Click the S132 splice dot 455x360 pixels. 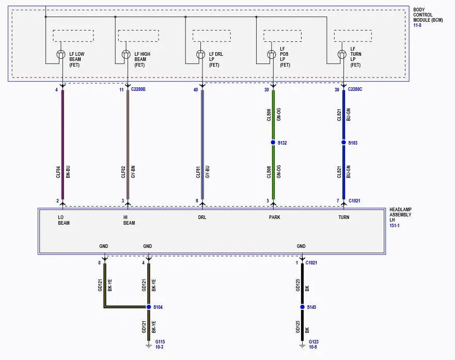click(x=273, y=143)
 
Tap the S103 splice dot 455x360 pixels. click(x=343, y=143)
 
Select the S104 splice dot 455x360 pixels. click(x=149, y=307)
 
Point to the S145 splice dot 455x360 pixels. click(x=302, y=307)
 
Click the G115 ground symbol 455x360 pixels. click(x=149, y=346)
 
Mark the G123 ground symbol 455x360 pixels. click(x=302, y=346)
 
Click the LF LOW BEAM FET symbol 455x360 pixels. click(x=60, y=54)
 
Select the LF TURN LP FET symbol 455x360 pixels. click(x=342, y=54)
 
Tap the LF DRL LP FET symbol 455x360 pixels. click(x=200, y=54)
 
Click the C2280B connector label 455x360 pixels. click(x=138, y=89)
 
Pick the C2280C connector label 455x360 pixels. click(x=355, y=89)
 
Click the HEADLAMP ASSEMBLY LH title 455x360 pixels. click(x=400, y=215)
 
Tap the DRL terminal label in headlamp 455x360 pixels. click(x=202, y=217)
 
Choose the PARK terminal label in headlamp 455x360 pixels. click(x=275, y=217)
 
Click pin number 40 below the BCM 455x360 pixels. click(x=196, y=90)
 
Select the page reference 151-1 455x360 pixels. click(x=395, y=225)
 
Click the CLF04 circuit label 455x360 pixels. click(x=58, y=172)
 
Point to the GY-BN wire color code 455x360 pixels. click(x=133, y=172)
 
